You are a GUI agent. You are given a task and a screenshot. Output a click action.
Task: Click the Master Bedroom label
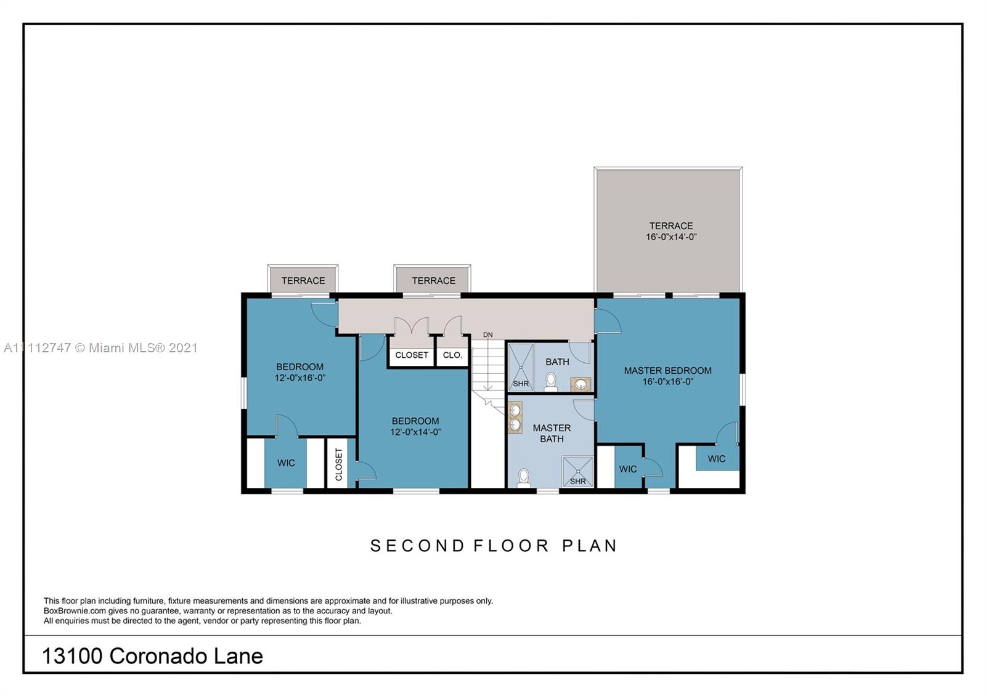(x=668, y=370)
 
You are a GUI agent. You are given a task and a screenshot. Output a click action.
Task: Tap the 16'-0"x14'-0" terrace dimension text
(x=671, y=237)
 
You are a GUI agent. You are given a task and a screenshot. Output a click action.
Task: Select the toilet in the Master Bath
(x=523, y=478)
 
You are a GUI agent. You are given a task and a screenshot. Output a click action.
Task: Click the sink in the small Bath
(x=580, y=384)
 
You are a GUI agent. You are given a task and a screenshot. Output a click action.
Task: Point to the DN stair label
(x=487, y=335)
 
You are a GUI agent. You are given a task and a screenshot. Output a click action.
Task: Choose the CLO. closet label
(x=452, y=355)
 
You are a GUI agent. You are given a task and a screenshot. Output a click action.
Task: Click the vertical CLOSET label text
(x=339, y=464)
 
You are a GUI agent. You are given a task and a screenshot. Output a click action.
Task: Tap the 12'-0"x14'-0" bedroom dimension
(x=415, y=432)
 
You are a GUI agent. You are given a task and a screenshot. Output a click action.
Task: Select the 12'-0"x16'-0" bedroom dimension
(x=299, y=378)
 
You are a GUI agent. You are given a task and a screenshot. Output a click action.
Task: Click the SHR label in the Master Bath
(x=577, y=481)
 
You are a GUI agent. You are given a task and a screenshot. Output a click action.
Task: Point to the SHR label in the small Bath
(x=521, y=384)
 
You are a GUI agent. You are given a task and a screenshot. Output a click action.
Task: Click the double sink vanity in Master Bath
(x=515, y=417)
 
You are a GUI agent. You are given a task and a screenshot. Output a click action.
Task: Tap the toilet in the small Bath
(x=551, y=382)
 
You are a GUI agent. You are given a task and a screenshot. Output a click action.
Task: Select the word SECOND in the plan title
(x=417, y=546)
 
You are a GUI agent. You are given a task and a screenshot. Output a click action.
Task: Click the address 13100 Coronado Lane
(x=152, y=656)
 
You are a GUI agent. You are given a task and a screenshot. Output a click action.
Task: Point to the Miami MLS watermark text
(x=100, y=348)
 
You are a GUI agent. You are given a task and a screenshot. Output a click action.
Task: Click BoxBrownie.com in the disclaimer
(x=75, y=610)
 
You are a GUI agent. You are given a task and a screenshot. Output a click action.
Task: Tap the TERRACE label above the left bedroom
(x=303, y=281)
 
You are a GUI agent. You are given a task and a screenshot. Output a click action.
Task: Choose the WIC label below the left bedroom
(x=286, y=463)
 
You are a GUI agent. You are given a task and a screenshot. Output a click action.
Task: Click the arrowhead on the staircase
(x=487, y=387)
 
